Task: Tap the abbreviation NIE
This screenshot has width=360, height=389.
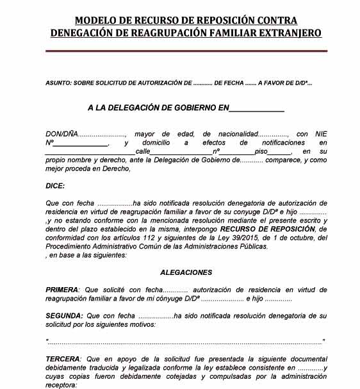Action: tap(321, 133)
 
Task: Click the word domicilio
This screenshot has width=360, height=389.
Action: tap(158, 142)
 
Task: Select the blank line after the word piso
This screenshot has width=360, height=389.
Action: tap(282, 152)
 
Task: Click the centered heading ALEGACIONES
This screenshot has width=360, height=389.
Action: tap(186, 272)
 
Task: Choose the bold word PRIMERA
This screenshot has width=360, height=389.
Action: tap(61, 290)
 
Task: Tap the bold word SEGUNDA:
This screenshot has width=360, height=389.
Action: tap(64, 316)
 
